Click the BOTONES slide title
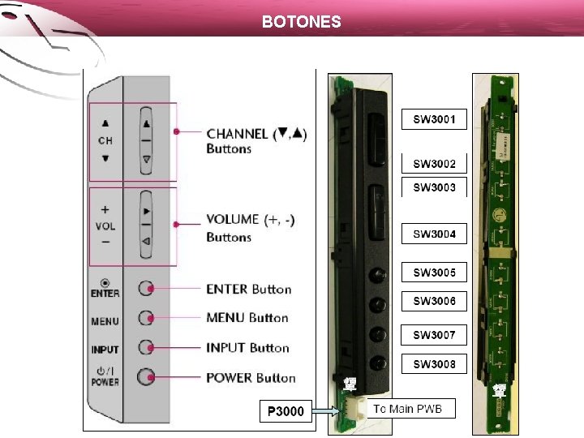coord(302,22)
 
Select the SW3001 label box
coord(435,120)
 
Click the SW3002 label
coord(435,164)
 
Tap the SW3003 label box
coord(435,187)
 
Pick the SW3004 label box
coord(435,234)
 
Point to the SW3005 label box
coord(435,273)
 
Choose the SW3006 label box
coord(435,301)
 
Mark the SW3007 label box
coord(435,335)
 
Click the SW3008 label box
coord(435,364)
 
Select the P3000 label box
coord(286,412)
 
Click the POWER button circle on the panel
coord(146,376)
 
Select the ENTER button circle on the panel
coord(146,288)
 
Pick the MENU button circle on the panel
coord(146,317)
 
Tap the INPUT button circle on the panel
coord(146,347)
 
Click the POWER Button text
coord(251,378)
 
